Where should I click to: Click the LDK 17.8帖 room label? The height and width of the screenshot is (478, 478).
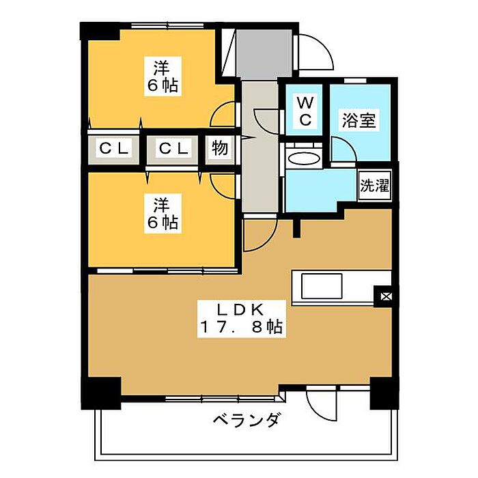pyautogui.click(x=242, y=319)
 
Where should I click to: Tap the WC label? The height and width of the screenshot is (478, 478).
pyautogui.click(x=305, y=111)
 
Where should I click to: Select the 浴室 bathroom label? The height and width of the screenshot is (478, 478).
pyautogui.click(x=358, y=120)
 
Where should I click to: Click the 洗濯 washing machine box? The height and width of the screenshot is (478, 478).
pyautogui.click(x=375, y=185)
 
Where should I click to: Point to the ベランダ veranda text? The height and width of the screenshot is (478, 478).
pyautogui.click(x=246, y=421)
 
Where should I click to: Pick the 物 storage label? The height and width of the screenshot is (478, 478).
pyautogui.click(x=220, y=148)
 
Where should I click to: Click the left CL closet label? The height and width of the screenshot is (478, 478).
pyautogui.click(x=114, y=148)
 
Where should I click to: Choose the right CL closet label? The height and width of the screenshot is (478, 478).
pyautogui.click(x=173, y=148)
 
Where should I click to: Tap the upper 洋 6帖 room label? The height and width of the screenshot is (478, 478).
pyautogui.click(x=163, y=76)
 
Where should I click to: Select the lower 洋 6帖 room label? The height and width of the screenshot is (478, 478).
pyautogui.click(x=163, y=213)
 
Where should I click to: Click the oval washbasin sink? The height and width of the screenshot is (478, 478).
pyautogui.click(x=305, y=159)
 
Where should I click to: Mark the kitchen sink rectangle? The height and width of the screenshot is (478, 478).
pyautogui.click(x=322, y=286)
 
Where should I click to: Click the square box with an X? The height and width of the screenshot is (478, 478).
pyautogui.click(x=386, y=296)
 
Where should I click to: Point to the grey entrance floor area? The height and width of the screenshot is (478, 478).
pyautogui.click(x=264, y=55)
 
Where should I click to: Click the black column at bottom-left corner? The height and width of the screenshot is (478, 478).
pyautogui.click(x=100, y=393)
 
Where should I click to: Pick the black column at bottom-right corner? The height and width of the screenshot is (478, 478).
pyautogui.click(x=384, y=393)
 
